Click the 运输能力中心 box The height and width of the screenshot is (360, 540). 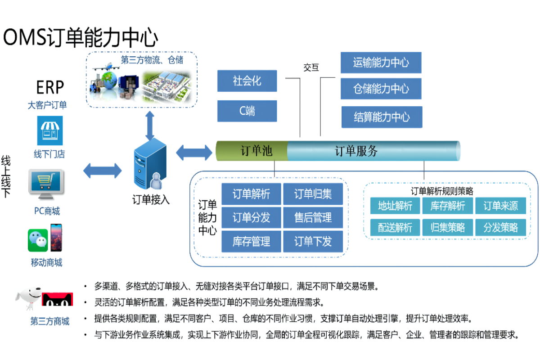point(381,63)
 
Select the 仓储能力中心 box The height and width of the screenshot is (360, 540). point(381,89)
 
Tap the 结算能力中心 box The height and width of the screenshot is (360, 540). point(382,117)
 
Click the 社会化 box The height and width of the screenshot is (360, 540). point(247,81)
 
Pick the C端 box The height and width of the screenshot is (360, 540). point(247,111)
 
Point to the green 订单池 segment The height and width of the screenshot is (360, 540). point(252,151)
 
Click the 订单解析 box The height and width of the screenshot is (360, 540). point(251,194)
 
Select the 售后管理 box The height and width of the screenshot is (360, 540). point(313,217)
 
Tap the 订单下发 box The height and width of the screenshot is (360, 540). point(313,241)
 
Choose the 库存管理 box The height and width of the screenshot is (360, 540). point(251,241)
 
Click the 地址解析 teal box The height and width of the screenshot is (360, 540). point(395,206)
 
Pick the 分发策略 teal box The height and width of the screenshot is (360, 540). point(501,227)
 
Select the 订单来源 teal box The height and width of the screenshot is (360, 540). point(501,206)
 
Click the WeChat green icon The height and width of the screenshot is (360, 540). point(38,240)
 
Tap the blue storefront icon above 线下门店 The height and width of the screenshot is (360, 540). point(50,130)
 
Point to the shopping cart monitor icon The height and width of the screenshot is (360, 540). point(46,184)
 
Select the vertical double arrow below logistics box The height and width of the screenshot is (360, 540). point(150,126)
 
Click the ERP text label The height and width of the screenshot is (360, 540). point(50,87)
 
